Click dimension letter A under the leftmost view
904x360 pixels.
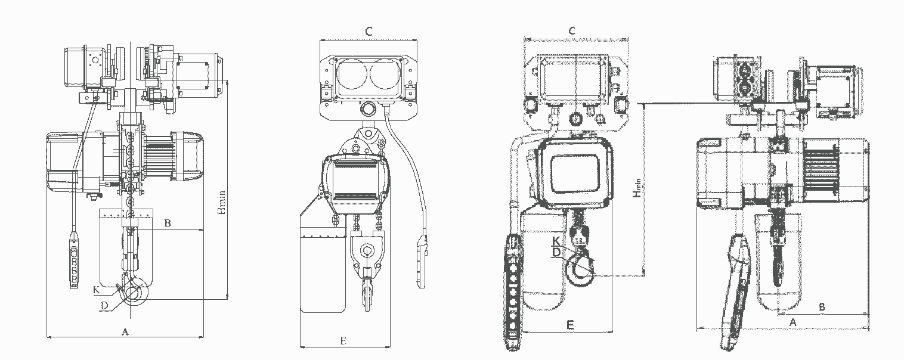(x=125, y=332)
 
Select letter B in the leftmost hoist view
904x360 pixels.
(x=168, y=224)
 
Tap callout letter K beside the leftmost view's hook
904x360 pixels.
(x=97, y=290)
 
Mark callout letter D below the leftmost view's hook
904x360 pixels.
(x=104, y=306)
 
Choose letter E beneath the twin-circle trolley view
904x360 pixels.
(x=343, y=341)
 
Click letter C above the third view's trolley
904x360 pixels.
(x=572, y=30)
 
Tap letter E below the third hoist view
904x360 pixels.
(x=570, y=325)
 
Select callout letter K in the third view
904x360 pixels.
(x=556, y=241)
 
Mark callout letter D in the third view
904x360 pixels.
(x=556, y=252)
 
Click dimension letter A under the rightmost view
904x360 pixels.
(x=793, y=322)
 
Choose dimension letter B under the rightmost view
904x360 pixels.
(x=822, y=307)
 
